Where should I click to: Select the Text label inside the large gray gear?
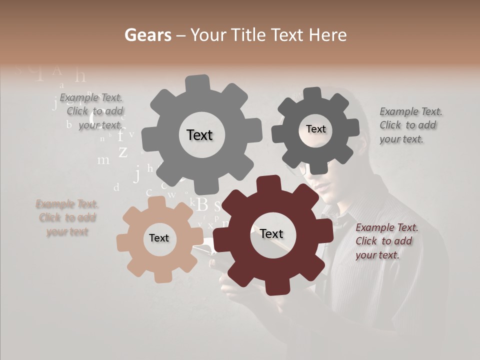[199, 135]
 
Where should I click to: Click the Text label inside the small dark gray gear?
[315, 129]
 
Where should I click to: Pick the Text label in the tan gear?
[159, 238]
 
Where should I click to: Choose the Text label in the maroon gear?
[271, 233]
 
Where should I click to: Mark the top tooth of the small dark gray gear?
[313, 94]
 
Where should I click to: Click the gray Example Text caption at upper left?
[92, 111]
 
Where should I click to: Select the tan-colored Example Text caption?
[67, 218]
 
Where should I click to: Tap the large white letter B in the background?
[202, 204]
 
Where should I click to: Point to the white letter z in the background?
[122, 151]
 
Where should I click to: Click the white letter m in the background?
[103, 160]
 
